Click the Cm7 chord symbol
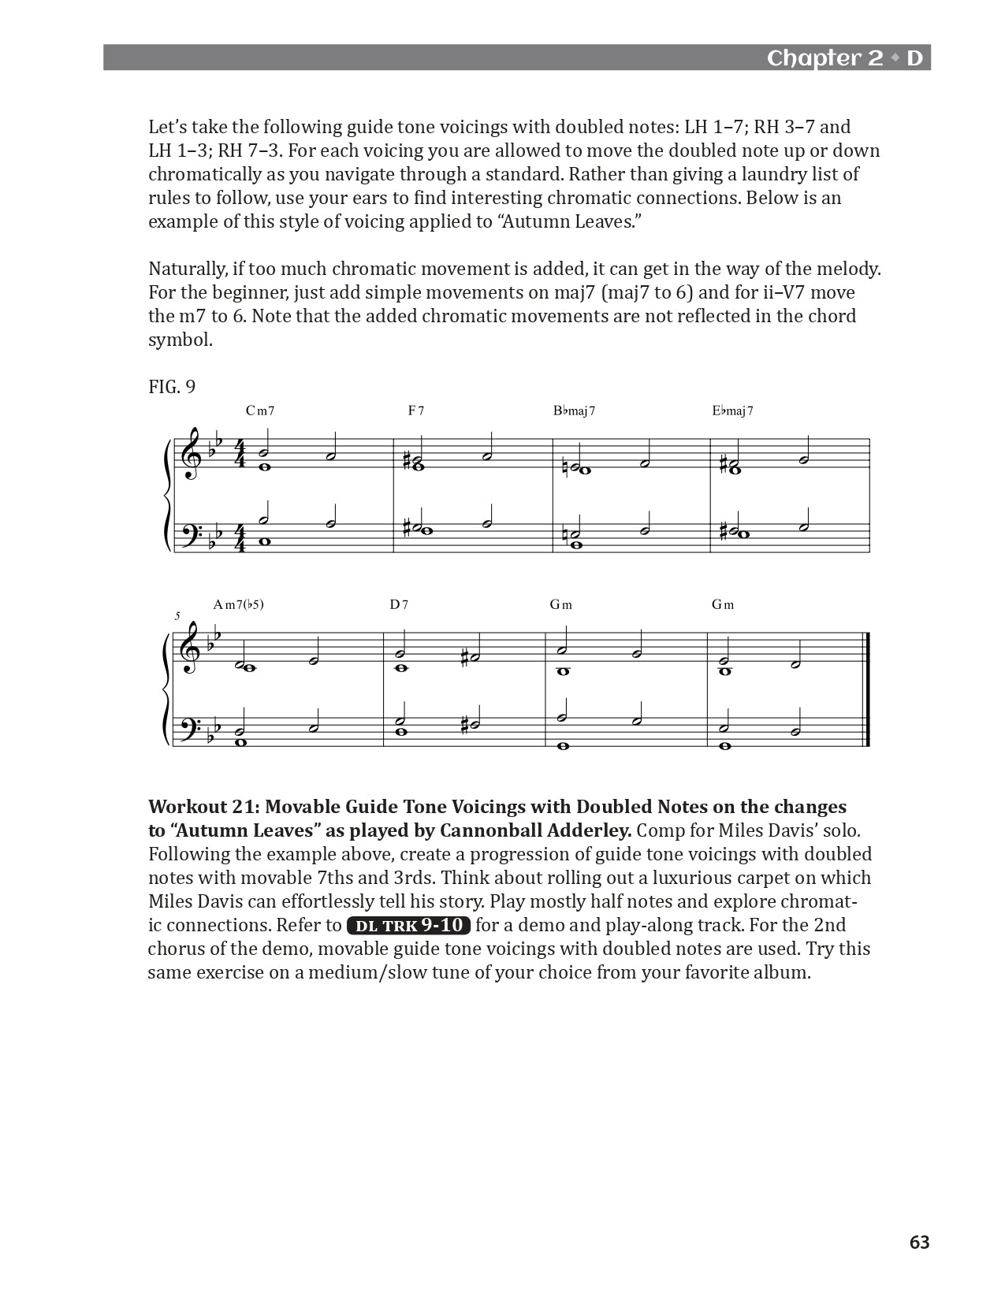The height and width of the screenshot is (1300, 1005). click(x=259, y=410)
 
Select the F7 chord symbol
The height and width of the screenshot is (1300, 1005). click(x=416, y=410)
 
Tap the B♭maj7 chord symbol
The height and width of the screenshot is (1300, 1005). click(x=574, y=410)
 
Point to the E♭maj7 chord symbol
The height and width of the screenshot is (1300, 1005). click(x=732, y=410)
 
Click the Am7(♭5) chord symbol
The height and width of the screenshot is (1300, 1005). click(x=238, y=605)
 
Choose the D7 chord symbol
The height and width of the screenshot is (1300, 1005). click(x=399, y=605)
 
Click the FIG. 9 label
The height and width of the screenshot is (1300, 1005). click(x=172, y=387)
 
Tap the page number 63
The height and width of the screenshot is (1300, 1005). click(x=919, y=1242)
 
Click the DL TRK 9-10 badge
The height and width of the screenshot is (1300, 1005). click(x=408, y=926)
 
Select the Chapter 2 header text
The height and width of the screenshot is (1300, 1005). click(x=824, y=58)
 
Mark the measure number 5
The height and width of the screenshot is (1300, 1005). click(x=177, y=617)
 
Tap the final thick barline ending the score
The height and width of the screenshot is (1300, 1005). click(x=867, y=689)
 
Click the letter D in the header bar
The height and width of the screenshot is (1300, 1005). click(x=914, y=58)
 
